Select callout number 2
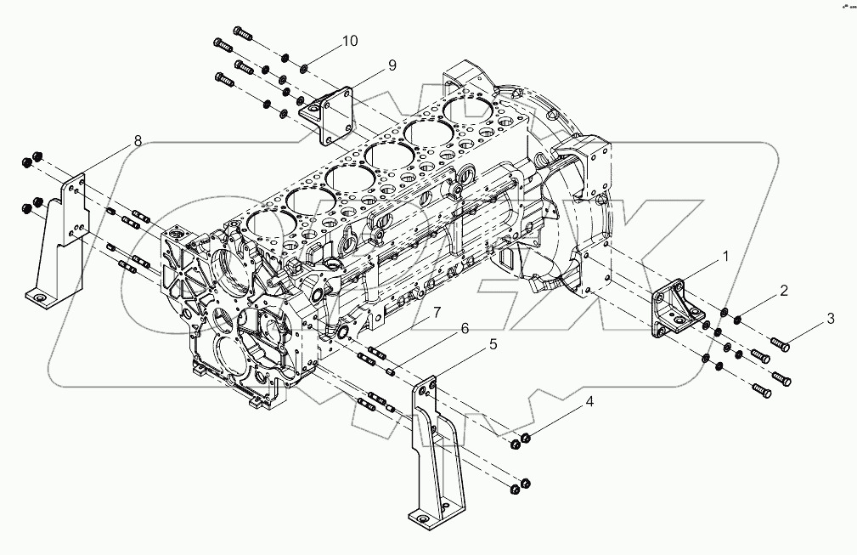click(x=784, y=291)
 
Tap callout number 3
click(x=832, y=320)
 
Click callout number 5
click(x=492, y=344)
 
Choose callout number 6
click(x=464, y=329)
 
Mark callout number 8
click(x=138, y=141)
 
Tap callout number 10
click(x=351, y=41)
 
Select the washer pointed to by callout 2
click(x=737, y=319)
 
